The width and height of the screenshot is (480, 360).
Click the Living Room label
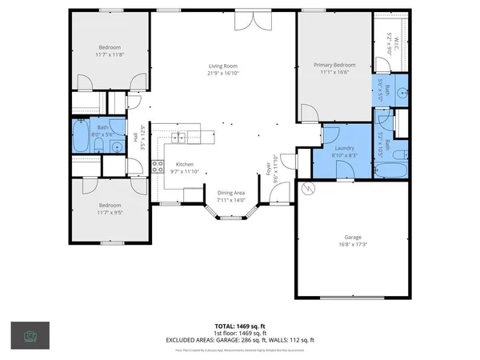(225, 66)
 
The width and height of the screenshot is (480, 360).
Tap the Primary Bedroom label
(334, 64)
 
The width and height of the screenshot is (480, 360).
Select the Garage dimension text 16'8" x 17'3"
(352, 244)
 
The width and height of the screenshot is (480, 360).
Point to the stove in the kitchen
(158, 167)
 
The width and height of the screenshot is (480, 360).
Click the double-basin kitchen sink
(178, 138)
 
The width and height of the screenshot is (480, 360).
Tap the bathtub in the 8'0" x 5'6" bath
(82, 137)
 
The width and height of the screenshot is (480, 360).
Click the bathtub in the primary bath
(391, 170)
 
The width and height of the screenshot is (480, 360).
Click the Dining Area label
(230, 193)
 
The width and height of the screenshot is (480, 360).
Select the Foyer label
(269, 167)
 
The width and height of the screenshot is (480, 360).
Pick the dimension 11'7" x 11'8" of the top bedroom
(110, 54)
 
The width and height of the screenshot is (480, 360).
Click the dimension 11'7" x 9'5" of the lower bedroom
(110, 212)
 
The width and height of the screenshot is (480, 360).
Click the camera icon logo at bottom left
(30, 335)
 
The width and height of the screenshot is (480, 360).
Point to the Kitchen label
(186, 164)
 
